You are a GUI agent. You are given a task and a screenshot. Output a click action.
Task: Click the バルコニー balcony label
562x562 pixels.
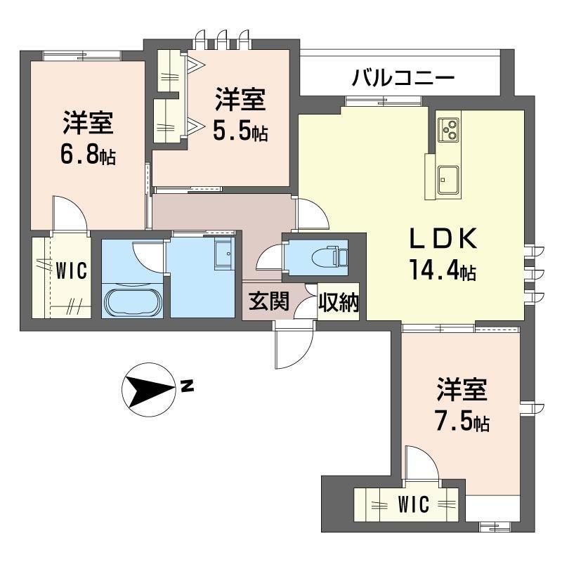click(403, 78)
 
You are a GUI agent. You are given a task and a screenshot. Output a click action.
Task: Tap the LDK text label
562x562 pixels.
click(443, 238)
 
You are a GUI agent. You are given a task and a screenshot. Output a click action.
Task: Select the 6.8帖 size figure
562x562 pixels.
click(88, 155)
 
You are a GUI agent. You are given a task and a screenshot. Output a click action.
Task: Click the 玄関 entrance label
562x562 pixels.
click(269, 301)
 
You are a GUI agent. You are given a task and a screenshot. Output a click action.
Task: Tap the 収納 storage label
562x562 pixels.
click(339, 302)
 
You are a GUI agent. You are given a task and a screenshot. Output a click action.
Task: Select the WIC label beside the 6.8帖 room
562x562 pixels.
click(71, 270)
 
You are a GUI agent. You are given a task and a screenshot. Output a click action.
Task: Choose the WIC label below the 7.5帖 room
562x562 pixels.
click(413, 504)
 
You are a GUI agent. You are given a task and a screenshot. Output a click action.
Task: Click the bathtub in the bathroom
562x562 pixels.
click(132, 301)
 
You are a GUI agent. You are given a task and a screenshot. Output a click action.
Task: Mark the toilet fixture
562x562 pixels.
click(329, 256)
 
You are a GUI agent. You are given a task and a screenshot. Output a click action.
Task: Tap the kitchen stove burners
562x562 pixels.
click(449, 130)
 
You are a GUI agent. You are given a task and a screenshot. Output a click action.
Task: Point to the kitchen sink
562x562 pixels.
click(447, 180)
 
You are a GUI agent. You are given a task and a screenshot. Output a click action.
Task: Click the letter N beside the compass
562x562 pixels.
click(188, 386)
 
